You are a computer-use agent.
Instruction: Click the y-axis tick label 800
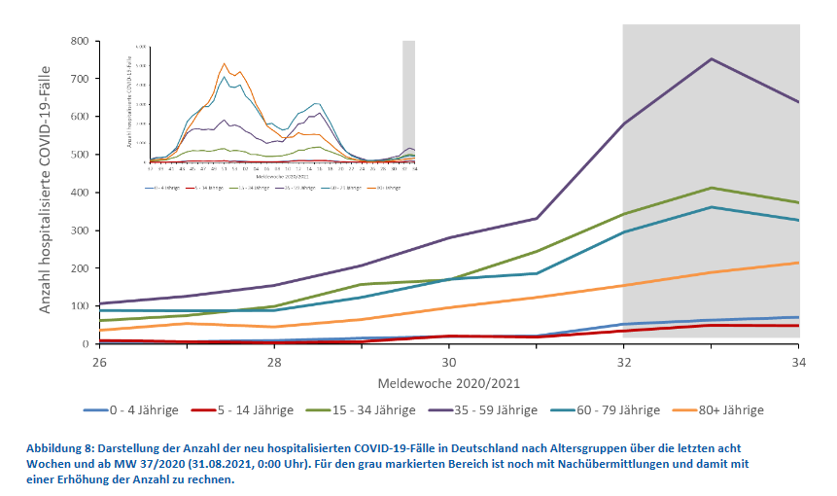click(x=79, y=41)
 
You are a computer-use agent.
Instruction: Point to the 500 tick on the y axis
click(x=79, y=155)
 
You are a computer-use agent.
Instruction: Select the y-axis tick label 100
click(x=79, y=306)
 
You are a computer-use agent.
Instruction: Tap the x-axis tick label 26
click(x=99, y=361)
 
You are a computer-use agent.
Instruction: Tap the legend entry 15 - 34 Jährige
click(x=369, y=410)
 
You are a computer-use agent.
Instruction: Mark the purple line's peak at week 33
click(x=712, y=59)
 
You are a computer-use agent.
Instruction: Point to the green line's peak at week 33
click(x=712, y=188)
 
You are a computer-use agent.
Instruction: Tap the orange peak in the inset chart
click(x=225, y=64)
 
